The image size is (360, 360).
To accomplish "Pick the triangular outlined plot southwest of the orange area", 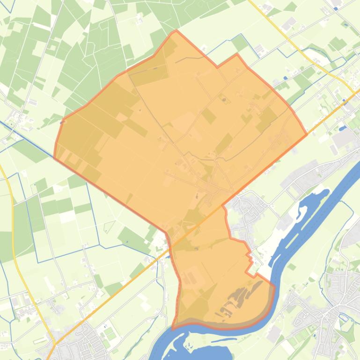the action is pos(109,226).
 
